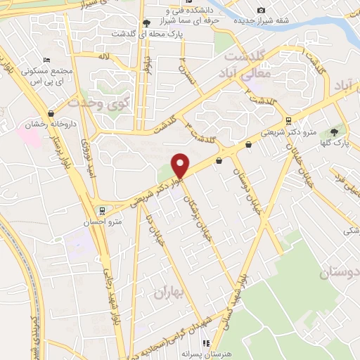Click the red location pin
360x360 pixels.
pyautogui.click(x=181, y=165)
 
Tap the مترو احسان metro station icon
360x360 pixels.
pyautogui.click(x=103, y=210)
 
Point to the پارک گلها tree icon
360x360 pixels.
pyautogui.click(x=334, y=131)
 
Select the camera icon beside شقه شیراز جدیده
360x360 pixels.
pyautogui.click(x=261, y=10)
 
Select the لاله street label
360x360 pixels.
pyautogui.click(x=105, y=56)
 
